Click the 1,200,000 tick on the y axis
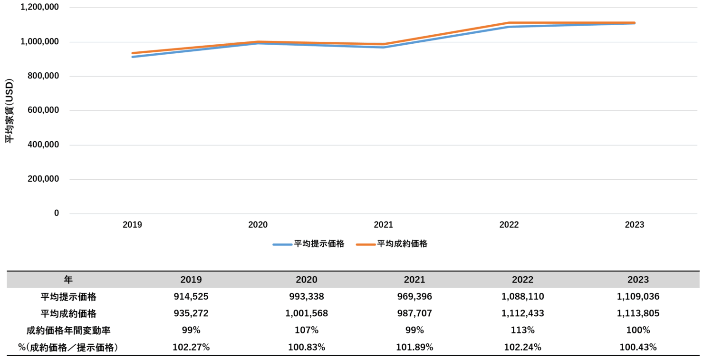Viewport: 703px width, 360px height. pos(40,8)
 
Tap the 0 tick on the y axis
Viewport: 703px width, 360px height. pos(57,213)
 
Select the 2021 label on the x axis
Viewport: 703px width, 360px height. pos(384,225)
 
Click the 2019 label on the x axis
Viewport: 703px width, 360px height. pos(132,225)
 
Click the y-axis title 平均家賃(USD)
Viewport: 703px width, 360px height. pos(10,111)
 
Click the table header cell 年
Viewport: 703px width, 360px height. pos(68,280)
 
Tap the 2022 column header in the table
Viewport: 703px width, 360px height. pos(522,280)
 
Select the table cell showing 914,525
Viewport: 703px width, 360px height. pos(191,297)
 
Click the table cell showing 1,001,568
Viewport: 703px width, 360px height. pos(306,313)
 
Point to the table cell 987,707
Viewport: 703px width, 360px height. pos(414,313)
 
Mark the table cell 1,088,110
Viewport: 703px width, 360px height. pos(522,297)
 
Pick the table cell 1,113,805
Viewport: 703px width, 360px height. pos(638,313)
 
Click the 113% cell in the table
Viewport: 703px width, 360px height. pos(522,330)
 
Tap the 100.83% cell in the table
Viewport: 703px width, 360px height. pos(306,347)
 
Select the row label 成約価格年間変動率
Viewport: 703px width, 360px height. pos(68,330)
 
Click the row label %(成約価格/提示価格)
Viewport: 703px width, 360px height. pos(68,347)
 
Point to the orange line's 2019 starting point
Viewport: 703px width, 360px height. pos(133,53)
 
